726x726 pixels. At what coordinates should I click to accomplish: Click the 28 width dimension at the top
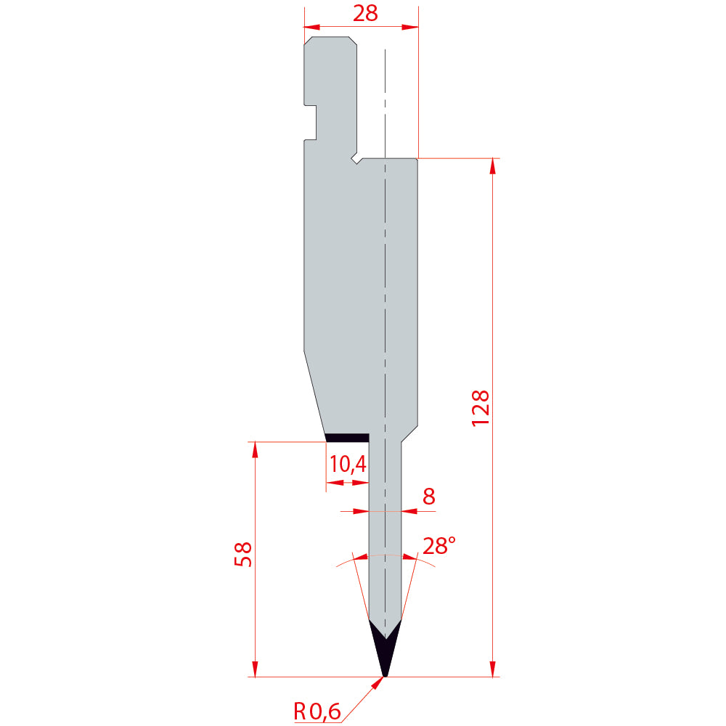(365, 13)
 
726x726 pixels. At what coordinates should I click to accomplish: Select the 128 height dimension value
(480, 408)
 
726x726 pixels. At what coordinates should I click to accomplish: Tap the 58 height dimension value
(243, 554)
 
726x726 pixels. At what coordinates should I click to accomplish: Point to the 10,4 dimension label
(348, 464)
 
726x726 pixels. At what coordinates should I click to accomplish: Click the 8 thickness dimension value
(429, 497)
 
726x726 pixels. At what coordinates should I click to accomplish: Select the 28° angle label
(439, 546)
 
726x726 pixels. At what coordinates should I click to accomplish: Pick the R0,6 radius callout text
(317, 711)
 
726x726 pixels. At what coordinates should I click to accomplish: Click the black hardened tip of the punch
(385, 648)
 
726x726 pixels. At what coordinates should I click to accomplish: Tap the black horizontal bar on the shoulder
(347, 438)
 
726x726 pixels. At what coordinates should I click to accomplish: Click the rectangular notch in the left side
(310, 122)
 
